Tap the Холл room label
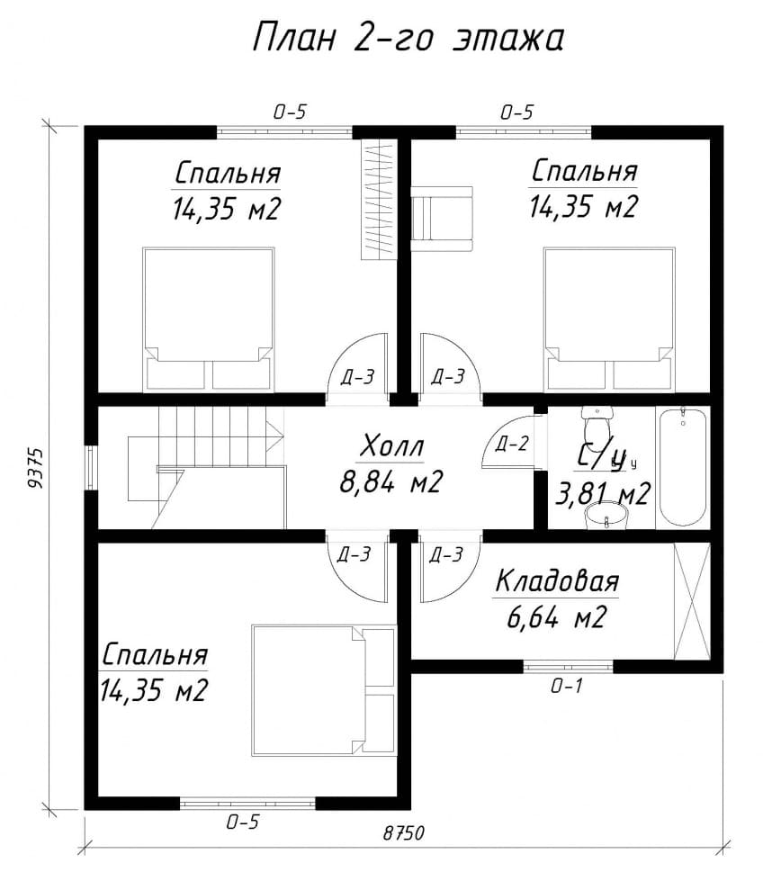tap(391, 446)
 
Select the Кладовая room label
tap(557, 581)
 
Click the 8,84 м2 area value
tap(390, 481)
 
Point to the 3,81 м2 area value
tap(602, 494)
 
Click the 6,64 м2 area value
tap(557, 617)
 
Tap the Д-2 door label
tap(511, 444)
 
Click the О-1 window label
tap(567, 687)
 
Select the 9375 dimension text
tap(35, 468)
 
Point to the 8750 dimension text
tap(404, 833)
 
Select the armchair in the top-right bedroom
tap(442, 219)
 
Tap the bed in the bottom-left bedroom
tap(323, 691)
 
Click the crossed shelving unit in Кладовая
tap(692, 601)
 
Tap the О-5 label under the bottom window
tap(242, 822)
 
